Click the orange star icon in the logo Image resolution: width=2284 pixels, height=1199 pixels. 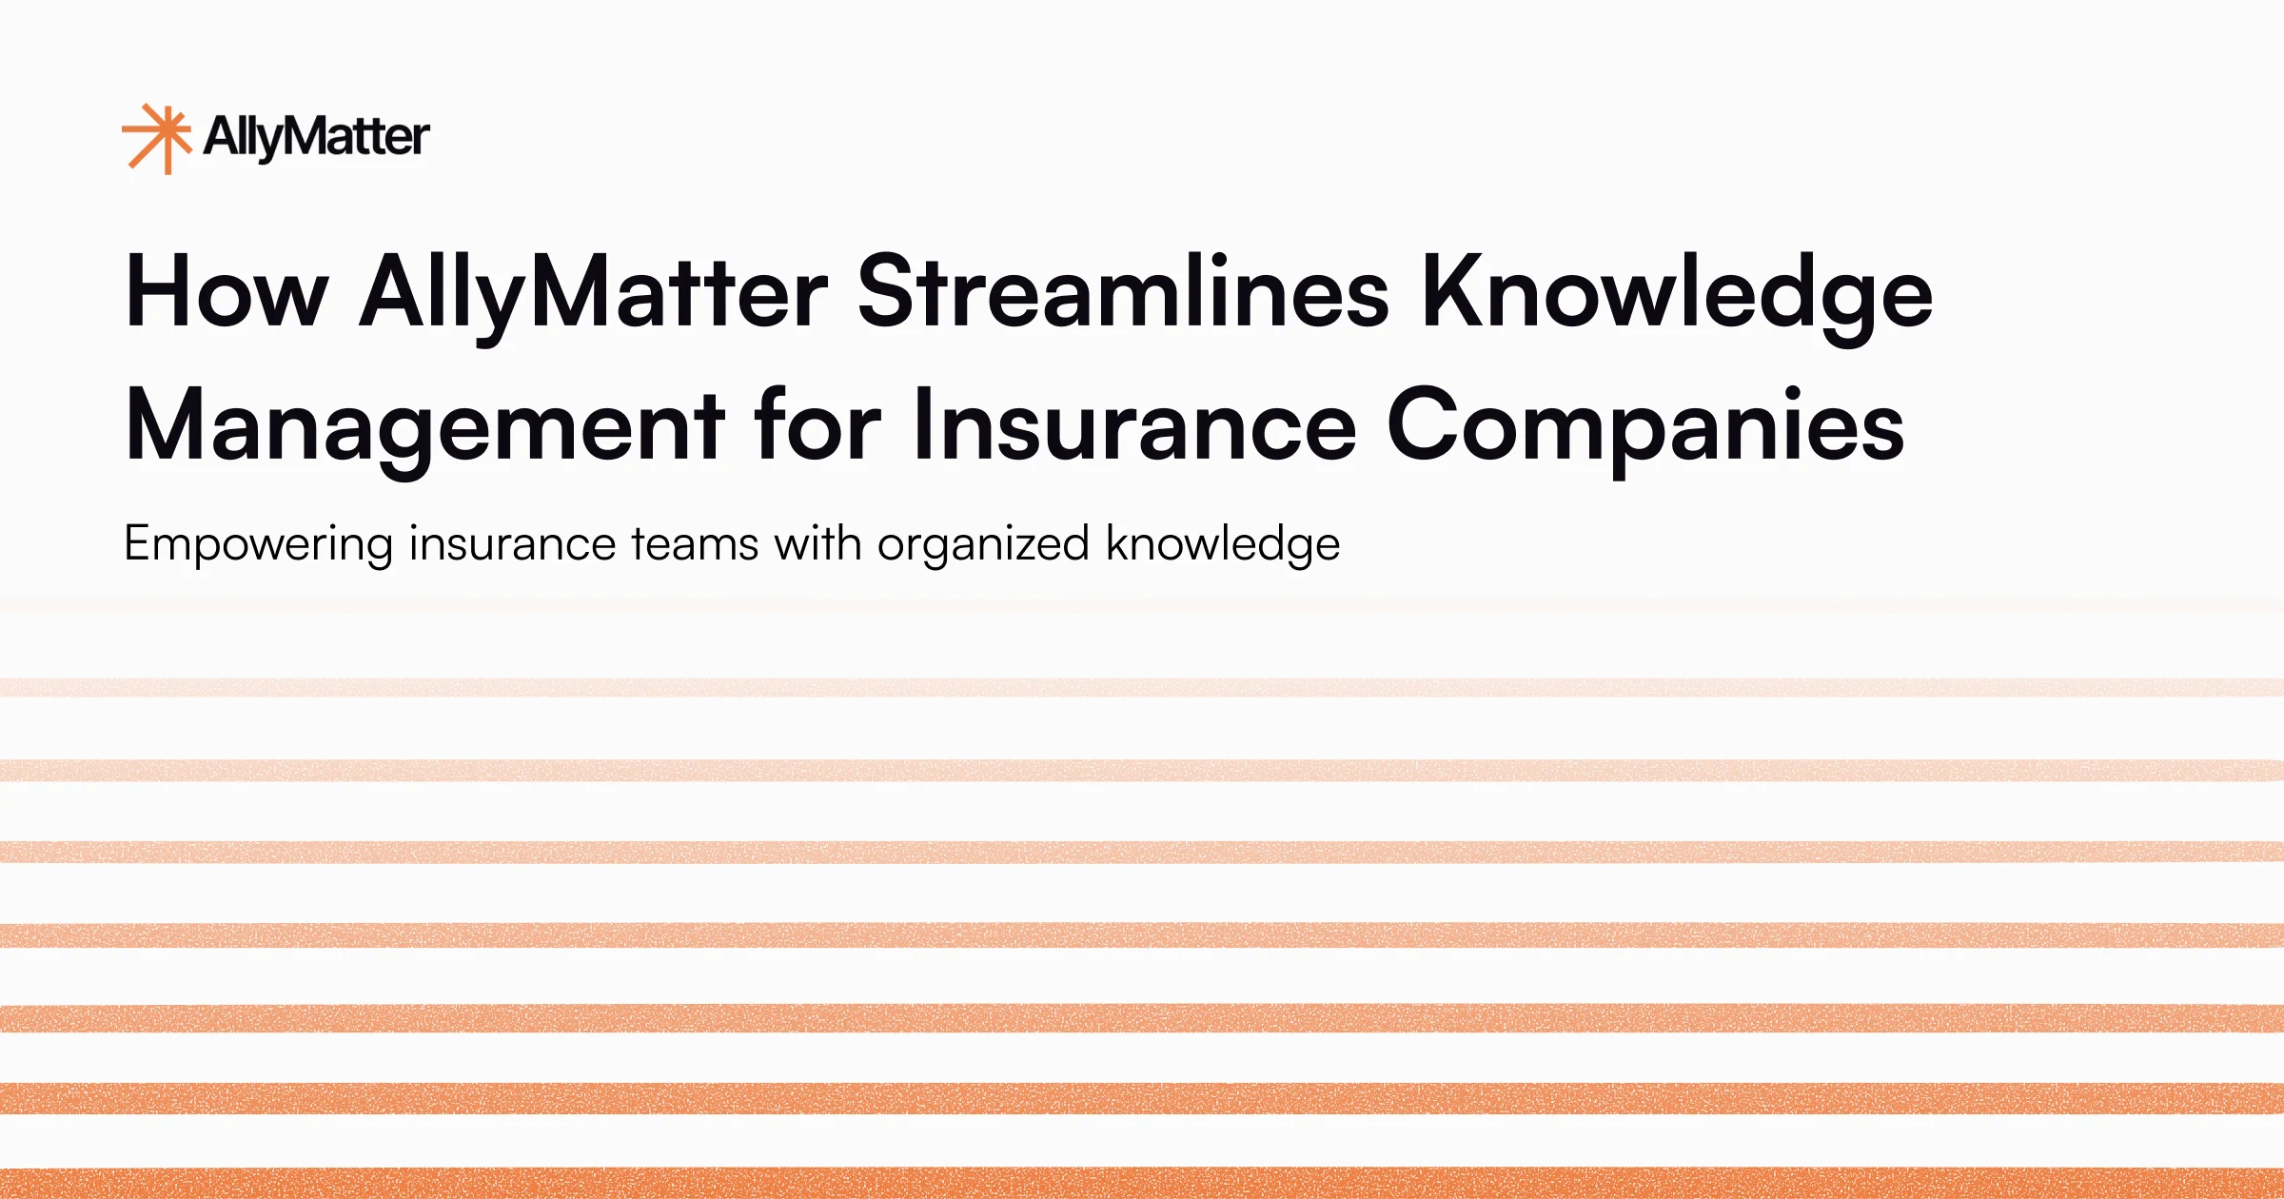click(x=157, y=138)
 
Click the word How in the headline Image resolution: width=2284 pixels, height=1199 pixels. click(x=226, y=292)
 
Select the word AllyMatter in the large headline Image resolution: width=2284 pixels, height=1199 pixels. click(x=594, y=292)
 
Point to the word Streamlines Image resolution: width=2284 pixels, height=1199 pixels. click(x=1123, y=292)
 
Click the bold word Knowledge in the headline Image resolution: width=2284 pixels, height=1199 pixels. click(x=1677, y=292)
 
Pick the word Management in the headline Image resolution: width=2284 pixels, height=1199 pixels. click(x=425, y=425)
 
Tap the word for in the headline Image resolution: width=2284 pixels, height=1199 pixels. click(x=817, y=425)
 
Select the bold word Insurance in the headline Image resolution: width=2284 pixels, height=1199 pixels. click(x=1133, y=425)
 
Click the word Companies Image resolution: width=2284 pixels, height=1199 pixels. click(x=1645, y=425)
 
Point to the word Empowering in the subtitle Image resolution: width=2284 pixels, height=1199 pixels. click(x=258, y=545)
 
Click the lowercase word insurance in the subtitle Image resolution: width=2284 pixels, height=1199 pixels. click(x=512, y=545)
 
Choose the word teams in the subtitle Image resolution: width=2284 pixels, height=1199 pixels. click(x=695, y=545)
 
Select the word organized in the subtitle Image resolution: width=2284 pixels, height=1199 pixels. click(x=983, y=545)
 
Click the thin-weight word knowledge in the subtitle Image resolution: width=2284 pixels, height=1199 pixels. click(x=1223, y=545)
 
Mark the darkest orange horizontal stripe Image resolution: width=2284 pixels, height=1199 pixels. click(x=1142, y=1183)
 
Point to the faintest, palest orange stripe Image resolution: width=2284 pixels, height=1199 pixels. click(x=1142, y=687)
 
